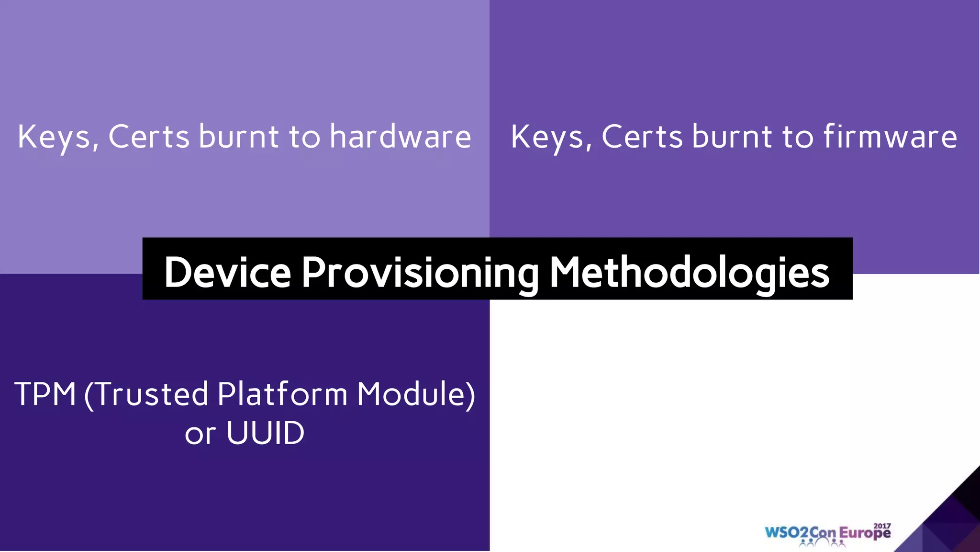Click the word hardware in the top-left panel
click(400, 137)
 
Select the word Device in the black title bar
click(227, 272)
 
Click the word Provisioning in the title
click(420, 273)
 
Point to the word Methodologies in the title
click(689, 273)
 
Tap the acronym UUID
click(265, 433)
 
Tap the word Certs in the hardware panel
click(149, 137)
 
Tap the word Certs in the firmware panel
click(642, 137)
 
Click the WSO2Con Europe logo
click(828, 533)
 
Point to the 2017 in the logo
click(882, 526)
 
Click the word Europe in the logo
click(865, 533)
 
